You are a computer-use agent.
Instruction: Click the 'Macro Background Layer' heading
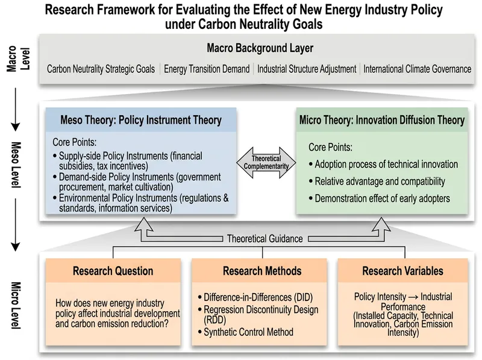(x=260, y=48)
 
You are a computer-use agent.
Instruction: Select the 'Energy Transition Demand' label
(x=207, y=69)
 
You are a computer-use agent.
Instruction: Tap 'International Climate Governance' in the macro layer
(x=417, y=69)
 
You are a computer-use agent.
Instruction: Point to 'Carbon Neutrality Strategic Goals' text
(x=101, y=69)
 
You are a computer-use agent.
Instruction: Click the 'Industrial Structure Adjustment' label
(x=307, y=69)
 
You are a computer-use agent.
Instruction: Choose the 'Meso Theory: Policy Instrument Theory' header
(x=141, y=120)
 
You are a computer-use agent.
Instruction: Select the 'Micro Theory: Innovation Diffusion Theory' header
(x=382, y=120)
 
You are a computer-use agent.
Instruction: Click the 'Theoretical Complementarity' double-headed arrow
(x=266, y=163)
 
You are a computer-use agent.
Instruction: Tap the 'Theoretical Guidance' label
(x=265, y=239)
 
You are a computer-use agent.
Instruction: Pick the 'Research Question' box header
(x=113, y=271)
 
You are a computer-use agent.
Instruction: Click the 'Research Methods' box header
(x=262, y=271)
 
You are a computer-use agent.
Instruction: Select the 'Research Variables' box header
(x=402, y=271)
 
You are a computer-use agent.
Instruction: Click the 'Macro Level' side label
(x=19, y=58)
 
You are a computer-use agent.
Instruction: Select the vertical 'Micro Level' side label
(x=16, y=305)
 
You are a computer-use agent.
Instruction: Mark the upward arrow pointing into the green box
(x=381, y=229)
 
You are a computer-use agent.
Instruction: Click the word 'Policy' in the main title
(x=427, y=10)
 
